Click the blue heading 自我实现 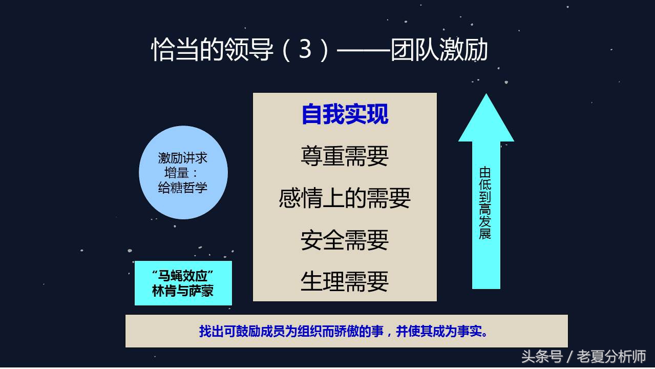[x=345, y=114]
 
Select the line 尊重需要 [x=345, y=156]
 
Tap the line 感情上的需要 [x=345, y=198]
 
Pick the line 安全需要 [x=345, y=240]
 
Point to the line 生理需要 [x=345, y=281]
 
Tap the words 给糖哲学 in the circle [x=183, y=188]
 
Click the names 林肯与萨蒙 [x=183, y=291]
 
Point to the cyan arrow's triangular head [x=486, y=121]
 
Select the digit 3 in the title [x=305, y=50]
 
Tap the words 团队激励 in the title [x=439, y=50]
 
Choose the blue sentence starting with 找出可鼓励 [x=346, y=331]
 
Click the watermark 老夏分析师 [x=611, y=356]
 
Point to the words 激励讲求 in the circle [x=183, y=158]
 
